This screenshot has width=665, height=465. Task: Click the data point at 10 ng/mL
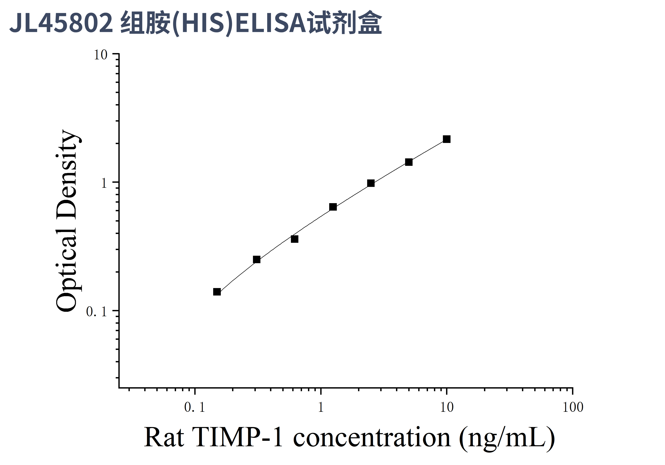click(x=447, y=139)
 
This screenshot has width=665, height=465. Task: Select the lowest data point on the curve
click(x=217, y=292)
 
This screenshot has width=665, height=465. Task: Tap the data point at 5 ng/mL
click(x=409, y=162)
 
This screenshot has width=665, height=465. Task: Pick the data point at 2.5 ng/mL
click(x=371, y=183)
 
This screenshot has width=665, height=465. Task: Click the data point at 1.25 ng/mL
click(x=333, y=207)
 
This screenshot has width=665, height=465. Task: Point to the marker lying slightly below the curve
click(x=294, y=239)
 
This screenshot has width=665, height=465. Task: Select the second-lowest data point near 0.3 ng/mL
click(x=257, y=259)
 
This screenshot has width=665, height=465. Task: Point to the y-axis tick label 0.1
click(x=97, y=312)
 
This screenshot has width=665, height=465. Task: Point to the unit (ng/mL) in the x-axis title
click(x=507, y=438)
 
